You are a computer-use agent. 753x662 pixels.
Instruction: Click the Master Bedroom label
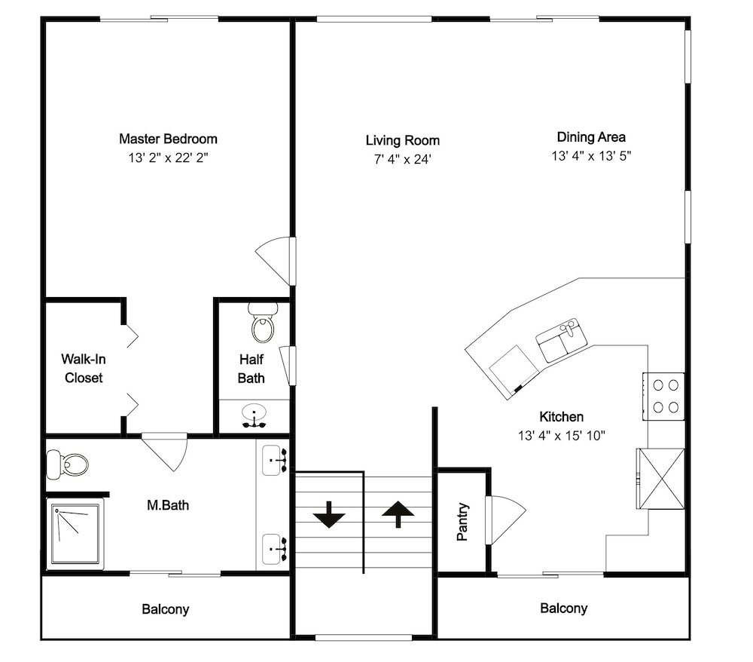168,139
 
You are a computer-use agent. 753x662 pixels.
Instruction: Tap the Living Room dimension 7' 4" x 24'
402,159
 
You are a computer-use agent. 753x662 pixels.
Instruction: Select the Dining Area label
591,137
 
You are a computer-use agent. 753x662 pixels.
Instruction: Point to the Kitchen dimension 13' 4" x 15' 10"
562,436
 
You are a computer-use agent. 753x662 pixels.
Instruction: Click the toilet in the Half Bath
262,322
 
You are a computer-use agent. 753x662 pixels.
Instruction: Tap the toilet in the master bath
68,464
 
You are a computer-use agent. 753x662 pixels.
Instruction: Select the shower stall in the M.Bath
75,533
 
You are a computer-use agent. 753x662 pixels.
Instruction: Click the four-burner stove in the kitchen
663,397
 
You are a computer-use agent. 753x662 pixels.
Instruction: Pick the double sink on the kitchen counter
562,340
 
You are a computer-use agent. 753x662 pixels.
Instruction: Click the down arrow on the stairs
329,515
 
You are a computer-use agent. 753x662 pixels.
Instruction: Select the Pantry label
462,522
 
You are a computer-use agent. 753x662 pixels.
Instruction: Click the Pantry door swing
506,519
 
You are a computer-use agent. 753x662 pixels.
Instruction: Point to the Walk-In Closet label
84,368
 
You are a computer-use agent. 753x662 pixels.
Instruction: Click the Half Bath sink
254,416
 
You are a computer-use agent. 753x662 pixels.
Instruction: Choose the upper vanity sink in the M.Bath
275,460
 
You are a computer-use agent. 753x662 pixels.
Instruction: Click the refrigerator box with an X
660,478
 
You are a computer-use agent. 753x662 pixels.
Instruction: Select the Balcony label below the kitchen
564,608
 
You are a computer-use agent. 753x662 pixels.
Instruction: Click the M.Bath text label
168,505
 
